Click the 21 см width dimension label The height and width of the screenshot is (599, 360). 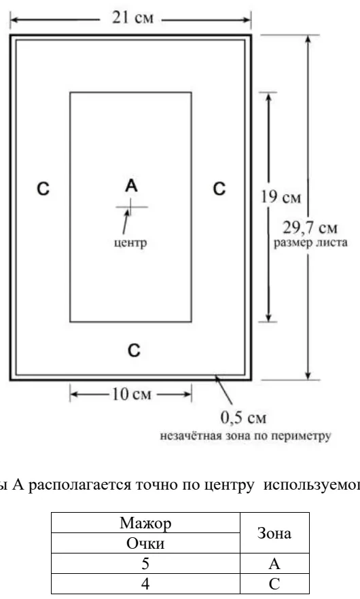pyautogui.click(x=132, y=18)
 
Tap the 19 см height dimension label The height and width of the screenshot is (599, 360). pyautogui.click(x=281, y=197)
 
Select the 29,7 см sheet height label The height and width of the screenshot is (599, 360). pyautogui.click(x=310, y=228)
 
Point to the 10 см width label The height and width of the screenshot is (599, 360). pyautogui.click(x=132, y=394)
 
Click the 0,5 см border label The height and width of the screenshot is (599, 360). pyautogui.click(x=243, y=418)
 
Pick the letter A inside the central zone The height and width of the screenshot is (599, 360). pyautogui.click(x=131, y=185)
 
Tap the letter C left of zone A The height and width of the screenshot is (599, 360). pyautogui.click(x=43, y=189)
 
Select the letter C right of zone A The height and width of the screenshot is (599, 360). pyautogui.click(x=219, y=189)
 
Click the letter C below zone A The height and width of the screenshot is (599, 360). pyautogui.click(x=134, y=350)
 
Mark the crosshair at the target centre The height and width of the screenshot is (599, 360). pyautogui.click(x=130, y=207)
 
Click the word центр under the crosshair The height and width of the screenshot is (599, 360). pyautogui.click(x=130, y=242)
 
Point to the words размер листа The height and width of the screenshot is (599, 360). pyautogui.click(x=310, y=243)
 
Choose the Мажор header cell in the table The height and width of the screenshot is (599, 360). pyautogui.click(x=145, y=523)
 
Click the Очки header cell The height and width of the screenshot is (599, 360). pyautogui.click(x=145, y=543)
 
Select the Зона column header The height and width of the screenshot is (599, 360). pyautogui.click(x=274, y=533)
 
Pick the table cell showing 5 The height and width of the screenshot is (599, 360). pyautogui.click(x=145, y=564)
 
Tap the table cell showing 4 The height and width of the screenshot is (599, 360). pyautogui.click(x=145, y=584)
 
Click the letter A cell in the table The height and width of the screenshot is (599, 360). pyautogui.click(x=274, y=564)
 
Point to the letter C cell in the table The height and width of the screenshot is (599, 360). pyautogui.click(x=274, y=584)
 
